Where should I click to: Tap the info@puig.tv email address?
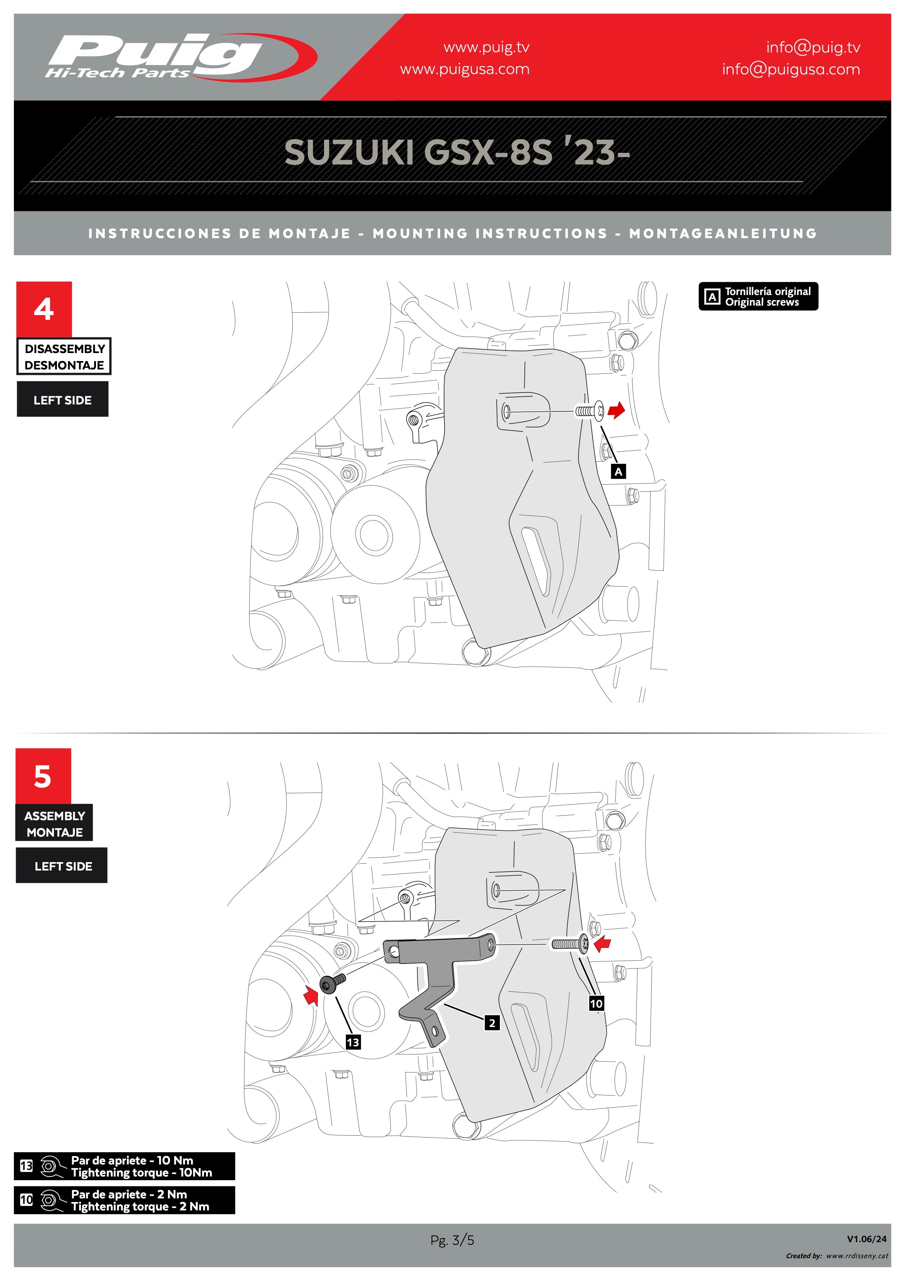[x=813, y=47]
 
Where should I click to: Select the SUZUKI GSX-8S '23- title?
[x=457, y=152]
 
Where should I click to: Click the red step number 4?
[x=44, y=309]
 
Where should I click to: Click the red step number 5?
[x=43, y=776]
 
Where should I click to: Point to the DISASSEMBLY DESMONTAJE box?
[x=64, y=357]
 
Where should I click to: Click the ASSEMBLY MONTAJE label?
[x=55, y=823]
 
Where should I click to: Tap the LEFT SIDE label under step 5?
[x=62, y=866]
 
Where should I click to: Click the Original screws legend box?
[x=758, y=297]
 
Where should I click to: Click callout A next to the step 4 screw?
[x=619, y=472]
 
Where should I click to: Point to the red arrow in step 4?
[x=616, y=411]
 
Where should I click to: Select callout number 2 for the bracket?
[x=492, y=1023]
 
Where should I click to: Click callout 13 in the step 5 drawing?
[x=353, y=1042]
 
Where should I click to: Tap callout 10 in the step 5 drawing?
[x=596, y=1003]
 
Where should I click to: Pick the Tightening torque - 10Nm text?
[x=142, y=1173]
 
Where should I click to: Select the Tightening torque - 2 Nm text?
[x=140, y=1206]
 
